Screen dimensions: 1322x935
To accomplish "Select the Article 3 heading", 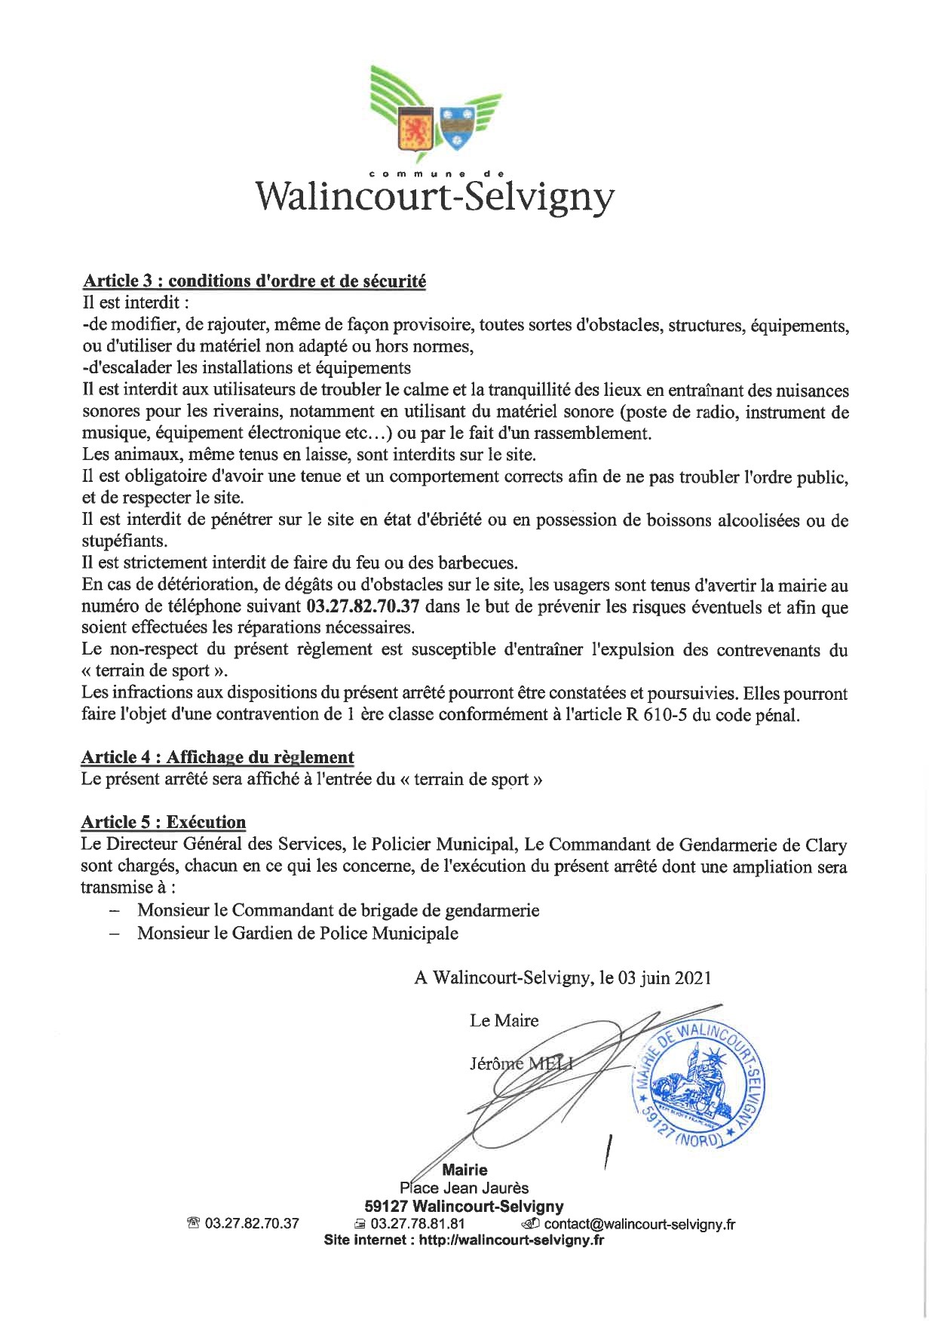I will (254, 281).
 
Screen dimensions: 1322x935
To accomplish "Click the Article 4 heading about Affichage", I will (217, 757).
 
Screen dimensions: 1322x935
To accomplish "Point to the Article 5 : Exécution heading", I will (164, 822).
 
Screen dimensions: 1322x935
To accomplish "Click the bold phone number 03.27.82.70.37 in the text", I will (363, 606).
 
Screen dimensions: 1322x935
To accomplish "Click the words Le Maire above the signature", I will (504, 1021).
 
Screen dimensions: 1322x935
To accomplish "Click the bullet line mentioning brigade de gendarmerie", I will (338, 910).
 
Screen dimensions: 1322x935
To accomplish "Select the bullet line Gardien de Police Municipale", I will (297, 934).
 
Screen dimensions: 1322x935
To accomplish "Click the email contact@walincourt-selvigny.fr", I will (639, 1224).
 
